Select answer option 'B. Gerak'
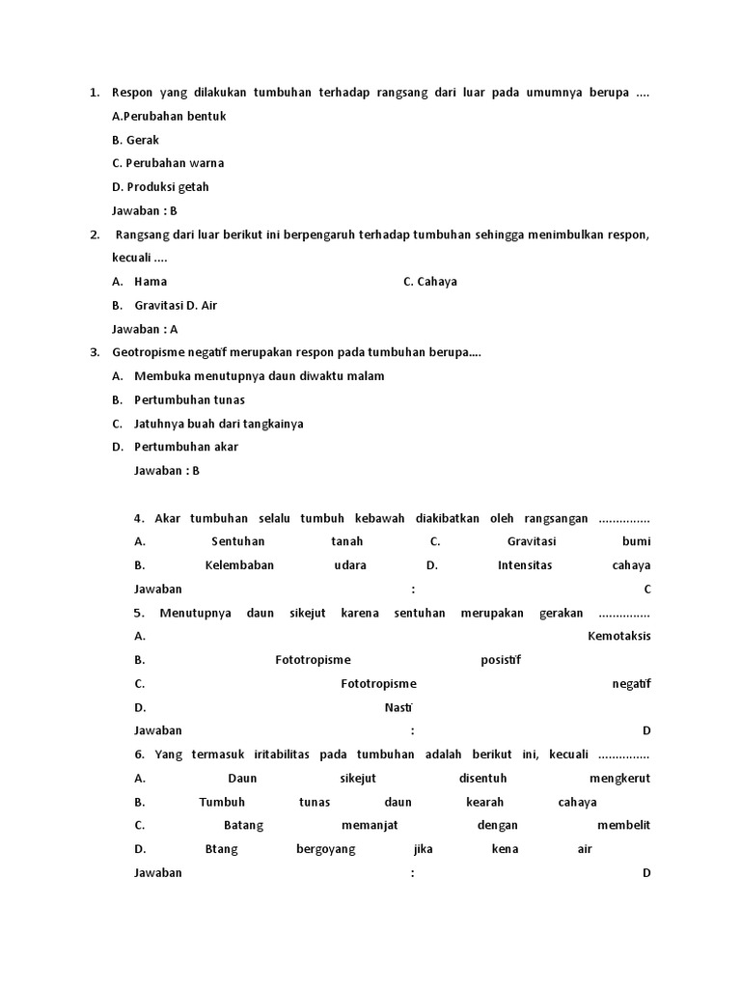(x=135, y=140)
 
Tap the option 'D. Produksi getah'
(x=160, y=187)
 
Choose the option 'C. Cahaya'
(x=430, y=282)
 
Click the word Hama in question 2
(x=151, y=282)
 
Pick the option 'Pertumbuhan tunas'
(x=189, y=399)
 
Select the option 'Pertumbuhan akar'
(x=186, y=447)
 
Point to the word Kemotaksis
(x=618, y=636)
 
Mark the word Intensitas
(x=525, y=565)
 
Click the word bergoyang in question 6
(x=326, y=849)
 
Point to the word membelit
(x=623, y=825)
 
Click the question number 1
(x=95, y=93)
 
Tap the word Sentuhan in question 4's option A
(x=237, y=541)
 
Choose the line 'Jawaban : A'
(x=145, y=329)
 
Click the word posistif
(x=501, y=660)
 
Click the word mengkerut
(x=619, y=778)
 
